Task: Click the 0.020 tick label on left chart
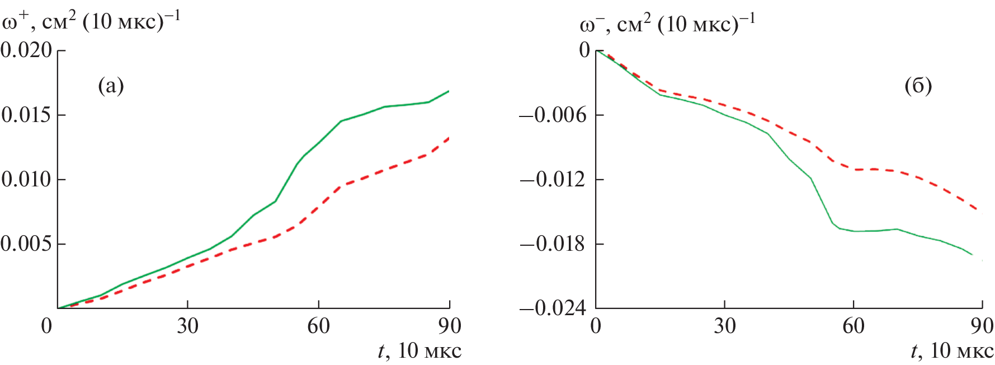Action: [x=26, y=50]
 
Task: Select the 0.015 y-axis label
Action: [x=26, y=115]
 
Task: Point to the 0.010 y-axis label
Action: [x=26, y=180]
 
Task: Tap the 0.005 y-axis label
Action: [x=26, y=244]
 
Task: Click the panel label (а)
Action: [x=111, y=86]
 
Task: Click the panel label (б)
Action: [x=918, y=86]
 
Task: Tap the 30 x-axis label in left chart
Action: [x=187, y=326]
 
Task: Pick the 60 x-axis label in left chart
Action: [x=318, y=326]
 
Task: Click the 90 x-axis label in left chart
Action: [x=450, y=326]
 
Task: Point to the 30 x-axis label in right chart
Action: [x=725, y=326]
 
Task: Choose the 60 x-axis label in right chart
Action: [x=853, y=326]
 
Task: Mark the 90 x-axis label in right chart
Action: [x=982, y=326]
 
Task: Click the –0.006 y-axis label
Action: [x=553, y=115]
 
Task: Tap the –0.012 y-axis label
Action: [x=553, y=180]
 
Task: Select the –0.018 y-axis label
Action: [x=553, y=244]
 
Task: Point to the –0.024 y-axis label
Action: [x=553, y=308]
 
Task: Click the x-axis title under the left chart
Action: [x=419, y=352]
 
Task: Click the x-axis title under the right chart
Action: [x=952, y=352]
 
